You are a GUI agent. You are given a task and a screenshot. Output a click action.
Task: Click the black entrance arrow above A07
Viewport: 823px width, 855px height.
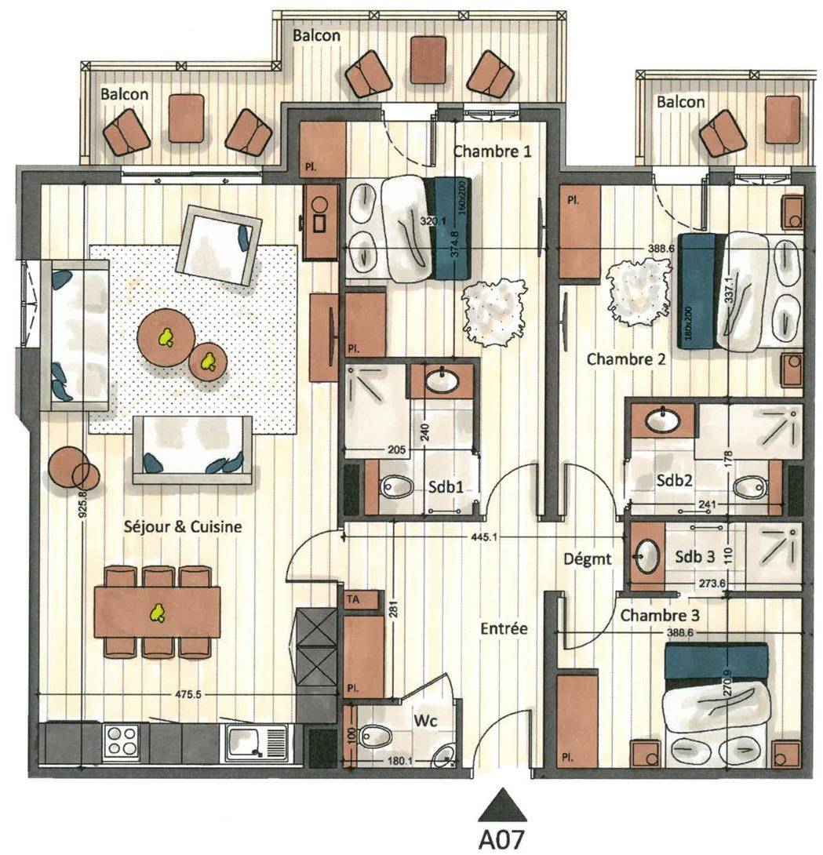pos(502,806)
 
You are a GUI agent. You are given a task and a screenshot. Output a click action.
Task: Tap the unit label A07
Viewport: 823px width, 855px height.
pos(500,839)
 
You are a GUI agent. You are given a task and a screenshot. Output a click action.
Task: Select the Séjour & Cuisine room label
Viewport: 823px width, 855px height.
pos(183,527)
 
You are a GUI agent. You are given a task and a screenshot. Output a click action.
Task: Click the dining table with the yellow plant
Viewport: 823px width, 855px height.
pos(157,612)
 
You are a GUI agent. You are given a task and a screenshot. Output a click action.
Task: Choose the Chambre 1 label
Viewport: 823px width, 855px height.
pos(492,151)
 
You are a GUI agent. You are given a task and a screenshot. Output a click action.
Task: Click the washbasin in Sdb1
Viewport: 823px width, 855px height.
pos(441,380)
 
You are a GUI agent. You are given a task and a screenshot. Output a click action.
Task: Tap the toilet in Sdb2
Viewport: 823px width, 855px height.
pos(751,487)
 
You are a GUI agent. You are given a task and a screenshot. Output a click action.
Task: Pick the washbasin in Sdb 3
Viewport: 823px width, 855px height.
pos(647,555)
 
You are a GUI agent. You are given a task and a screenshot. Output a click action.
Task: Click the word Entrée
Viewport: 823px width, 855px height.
pos(504,628)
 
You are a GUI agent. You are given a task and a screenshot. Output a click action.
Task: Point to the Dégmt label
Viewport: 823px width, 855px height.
pos(588,559)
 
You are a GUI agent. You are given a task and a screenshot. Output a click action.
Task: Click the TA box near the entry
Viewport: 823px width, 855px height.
pos(360,599)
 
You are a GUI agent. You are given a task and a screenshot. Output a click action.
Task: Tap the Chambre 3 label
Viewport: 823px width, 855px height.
pos(660,616)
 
